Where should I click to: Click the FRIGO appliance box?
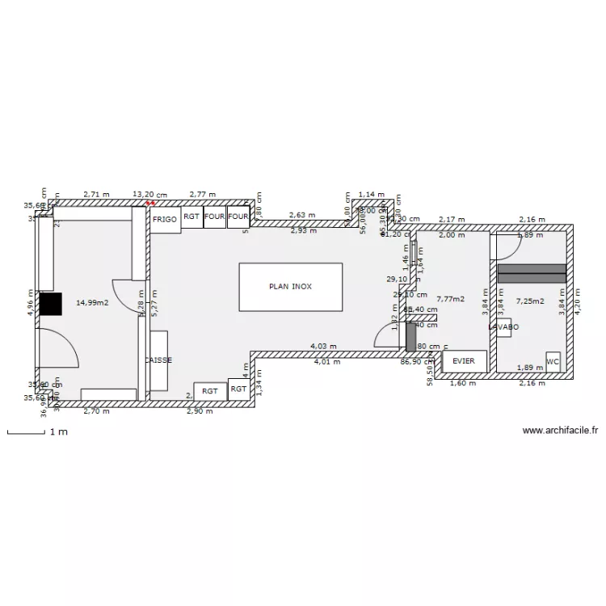(166, 219)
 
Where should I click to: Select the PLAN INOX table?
(290, 286)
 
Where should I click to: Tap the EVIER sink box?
(464, 361)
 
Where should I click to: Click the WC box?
(553, 361)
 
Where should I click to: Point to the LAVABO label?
(503, 326)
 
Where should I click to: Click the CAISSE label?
(158, 360)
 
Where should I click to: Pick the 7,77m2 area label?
(450, 299)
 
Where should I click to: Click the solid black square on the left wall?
(50, 303)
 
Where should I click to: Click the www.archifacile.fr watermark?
(561, 431)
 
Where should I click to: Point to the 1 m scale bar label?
(58, 432)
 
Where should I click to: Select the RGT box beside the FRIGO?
(191, 217)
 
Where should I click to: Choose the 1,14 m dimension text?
(372, 195)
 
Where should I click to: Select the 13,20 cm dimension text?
(149, 194)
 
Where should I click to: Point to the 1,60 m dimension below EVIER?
(457, 383)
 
